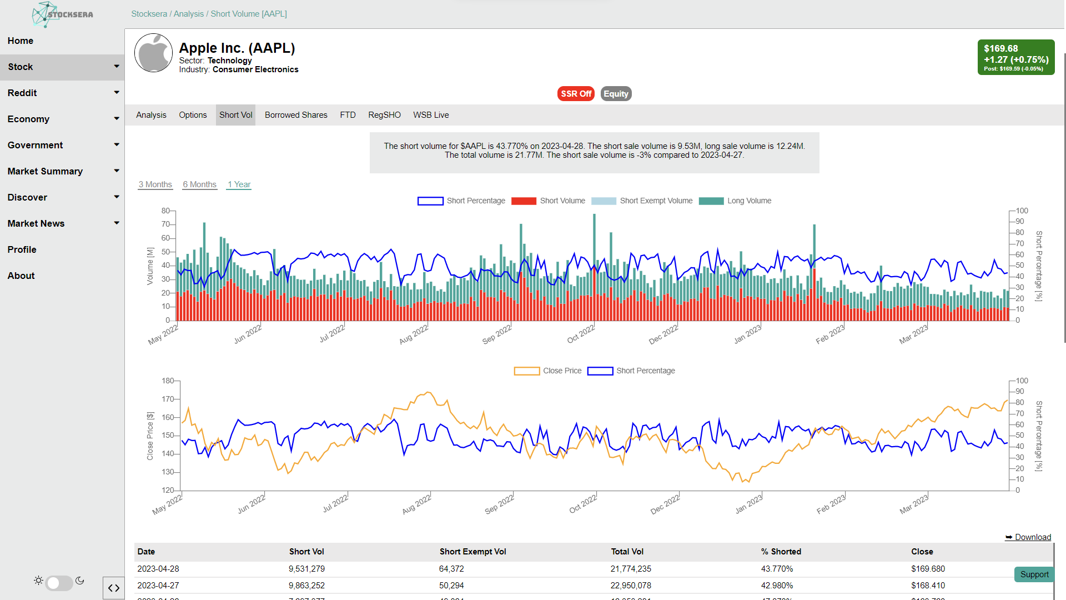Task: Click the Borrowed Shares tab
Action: pos(296,115)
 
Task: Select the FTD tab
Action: pos(348,115)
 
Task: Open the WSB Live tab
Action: pos(431,115)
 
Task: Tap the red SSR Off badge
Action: pos(576,94)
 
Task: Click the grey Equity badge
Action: pos(616,94)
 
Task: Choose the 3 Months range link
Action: pos(155,184)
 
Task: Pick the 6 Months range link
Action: pos(200,184)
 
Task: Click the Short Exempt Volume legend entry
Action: pos(642,201)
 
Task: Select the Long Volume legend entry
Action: pos(735,201)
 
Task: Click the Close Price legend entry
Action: pos(548,371)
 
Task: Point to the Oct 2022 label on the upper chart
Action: pos(581,334)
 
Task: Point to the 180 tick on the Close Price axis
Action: pos(168,381)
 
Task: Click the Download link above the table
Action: pos(1028,537)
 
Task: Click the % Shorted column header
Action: pos(781,552)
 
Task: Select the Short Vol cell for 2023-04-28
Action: pos(306,569)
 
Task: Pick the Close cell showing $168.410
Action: pos(928,586)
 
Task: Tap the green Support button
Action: pos(1034,574)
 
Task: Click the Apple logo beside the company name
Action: pos(154,53)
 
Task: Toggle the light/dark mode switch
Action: pos(59,583)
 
